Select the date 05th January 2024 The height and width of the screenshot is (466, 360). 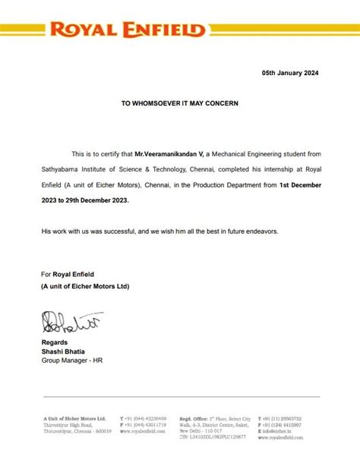click(291, 74)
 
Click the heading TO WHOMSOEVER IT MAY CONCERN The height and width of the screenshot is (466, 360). click(180, 102)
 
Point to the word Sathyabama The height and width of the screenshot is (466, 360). click(62, 170)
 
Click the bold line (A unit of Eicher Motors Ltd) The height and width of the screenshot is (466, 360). click(86, 286)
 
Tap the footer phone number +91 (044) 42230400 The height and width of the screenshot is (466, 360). click(146, 418)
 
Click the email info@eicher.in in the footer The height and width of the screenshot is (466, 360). click(284, 430)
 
